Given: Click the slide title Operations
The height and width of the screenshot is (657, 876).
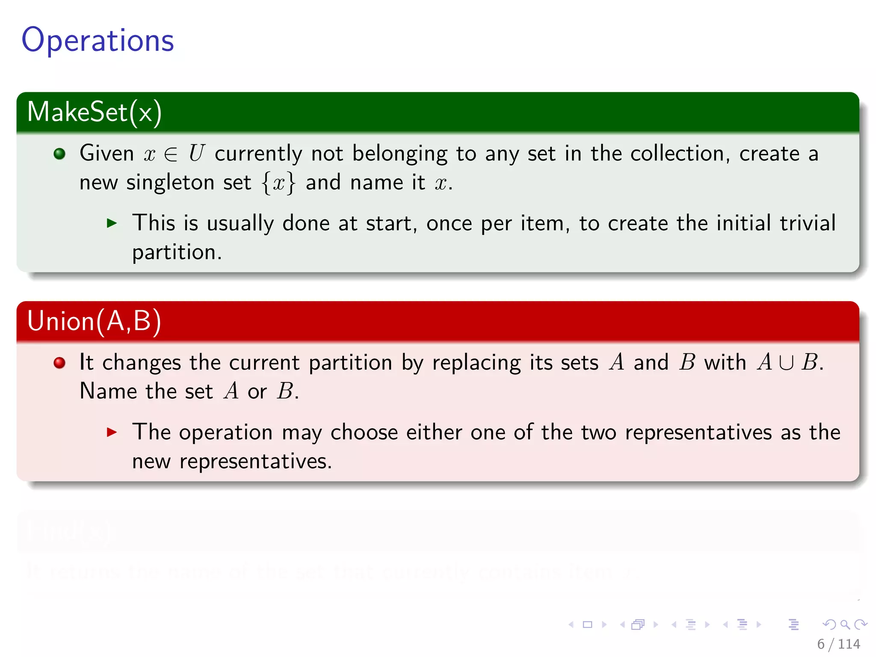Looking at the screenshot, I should (x=98, y=40).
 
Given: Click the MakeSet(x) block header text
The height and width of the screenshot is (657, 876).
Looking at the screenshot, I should (x=94, y=112).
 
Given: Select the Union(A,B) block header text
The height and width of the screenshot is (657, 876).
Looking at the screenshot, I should (x=94, y=321).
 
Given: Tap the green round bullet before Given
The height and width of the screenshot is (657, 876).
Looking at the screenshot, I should (x=59, y=154).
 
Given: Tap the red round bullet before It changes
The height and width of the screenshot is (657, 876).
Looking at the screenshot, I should (x=59, y=363).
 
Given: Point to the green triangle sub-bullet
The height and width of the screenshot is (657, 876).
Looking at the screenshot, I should (x=112, y=223).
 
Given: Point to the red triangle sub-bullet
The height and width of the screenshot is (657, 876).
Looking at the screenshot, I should (x=112, y=432).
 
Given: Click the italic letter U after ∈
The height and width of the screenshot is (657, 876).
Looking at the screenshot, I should (x=197, y=153).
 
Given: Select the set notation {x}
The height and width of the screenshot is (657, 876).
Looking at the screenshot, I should (x=278, y=183).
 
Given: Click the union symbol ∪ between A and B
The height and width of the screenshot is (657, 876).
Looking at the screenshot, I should (x=786, y=363).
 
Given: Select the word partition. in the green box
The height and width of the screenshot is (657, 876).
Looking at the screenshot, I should (x=177, y=252).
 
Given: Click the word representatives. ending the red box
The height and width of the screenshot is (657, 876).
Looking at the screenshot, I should (x=255, y=462).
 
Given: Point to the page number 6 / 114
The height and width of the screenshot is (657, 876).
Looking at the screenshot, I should (x=838, y=644).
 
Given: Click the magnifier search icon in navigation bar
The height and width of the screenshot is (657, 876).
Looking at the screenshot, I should (x=845, y=625).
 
